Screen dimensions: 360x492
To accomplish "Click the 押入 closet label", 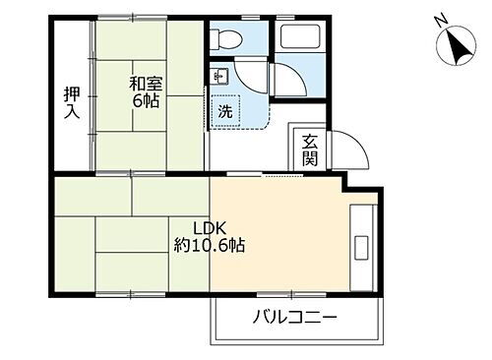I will [72, 102].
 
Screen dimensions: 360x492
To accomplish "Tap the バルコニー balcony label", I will [294, 319].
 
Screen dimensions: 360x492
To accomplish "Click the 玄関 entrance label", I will [309, 149].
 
